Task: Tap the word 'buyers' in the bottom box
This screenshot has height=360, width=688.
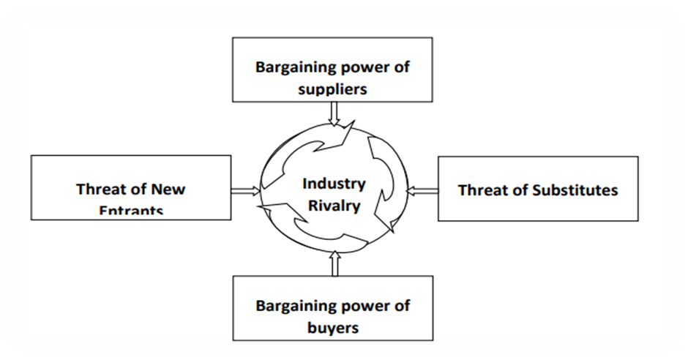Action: coord(332,327)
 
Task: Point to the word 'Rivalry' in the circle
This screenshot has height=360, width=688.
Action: coord(334,205)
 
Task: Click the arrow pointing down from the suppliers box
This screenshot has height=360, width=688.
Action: coord(335,113)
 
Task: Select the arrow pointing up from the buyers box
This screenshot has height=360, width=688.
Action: coord(335,263)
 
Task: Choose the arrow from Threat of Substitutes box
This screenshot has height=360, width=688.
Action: coord(422,191)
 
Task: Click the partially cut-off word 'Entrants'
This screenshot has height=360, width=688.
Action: coord(131,211)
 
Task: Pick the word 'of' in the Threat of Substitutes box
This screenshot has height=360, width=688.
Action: coord(520,190)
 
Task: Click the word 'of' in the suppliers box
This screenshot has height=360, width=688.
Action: coord(402,67)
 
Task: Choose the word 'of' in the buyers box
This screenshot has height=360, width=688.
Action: coord(402,305)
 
